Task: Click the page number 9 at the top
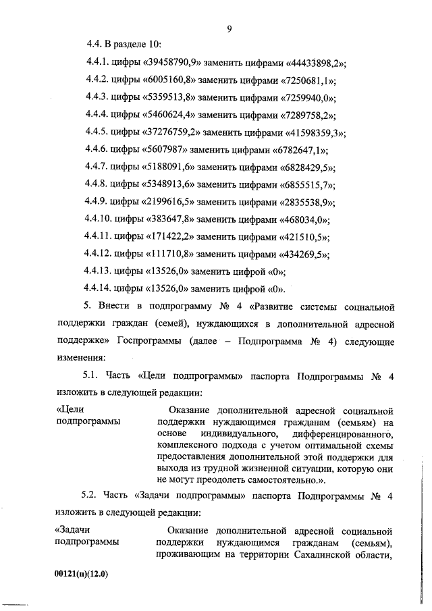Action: [x=229, y=28]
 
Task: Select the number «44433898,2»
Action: [x=311, y=63]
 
